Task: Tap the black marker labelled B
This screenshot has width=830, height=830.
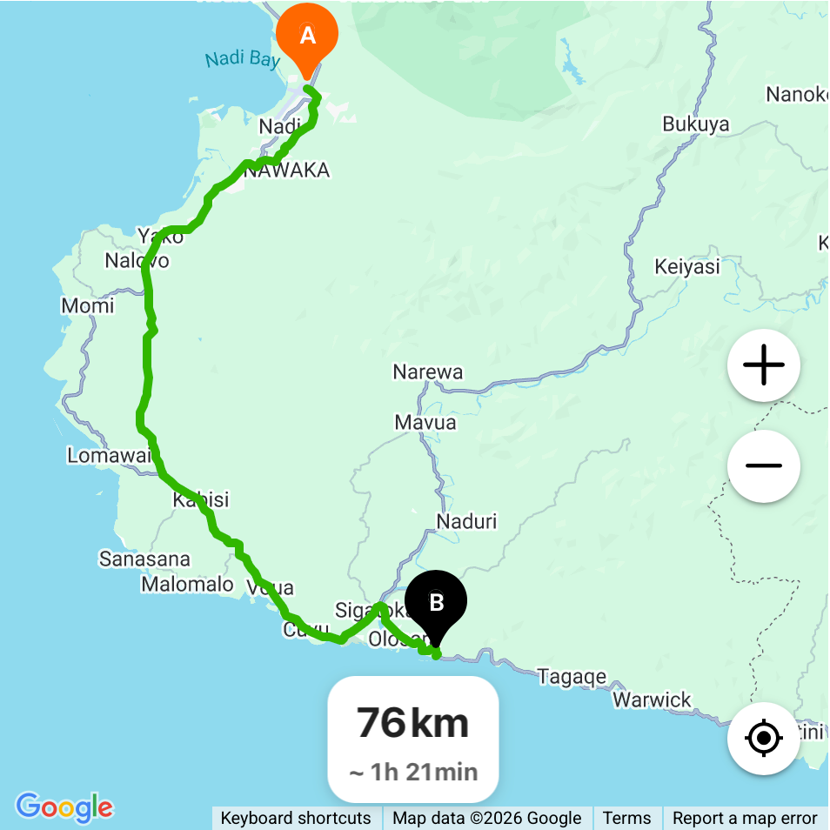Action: tap(437, 602)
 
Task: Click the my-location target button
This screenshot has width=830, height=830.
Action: tap(764, 739)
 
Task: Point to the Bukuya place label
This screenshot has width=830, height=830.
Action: tap(695, 124)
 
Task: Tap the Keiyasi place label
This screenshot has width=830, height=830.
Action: tap(687, 266)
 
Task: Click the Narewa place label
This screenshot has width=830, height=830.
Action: tap(427, 372)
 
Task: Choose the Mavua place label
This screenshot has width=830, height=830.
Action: tap(425, 423)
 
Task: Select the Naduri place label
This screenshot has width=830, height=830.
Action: tap(466, 521)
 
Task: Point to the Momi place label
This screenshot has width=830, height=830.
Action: tap(88, 305)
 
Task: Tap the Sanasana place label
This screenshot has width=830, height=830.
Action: tap(144, 559)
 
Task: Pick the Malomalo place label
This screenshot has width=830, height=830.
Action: tap(188, 584)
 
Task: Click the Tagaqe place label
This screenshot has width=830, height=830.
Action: tap(571, 677)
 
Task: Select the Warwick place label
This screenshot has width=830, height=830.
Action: tap(652, 699)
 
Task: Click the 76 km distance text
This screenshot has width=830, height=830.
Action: tap(412, 723)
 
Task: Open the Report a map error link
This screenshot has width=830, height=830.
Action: tap(745, 818)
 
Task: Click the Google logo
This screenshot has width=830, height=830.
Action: tap(64, 807)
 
